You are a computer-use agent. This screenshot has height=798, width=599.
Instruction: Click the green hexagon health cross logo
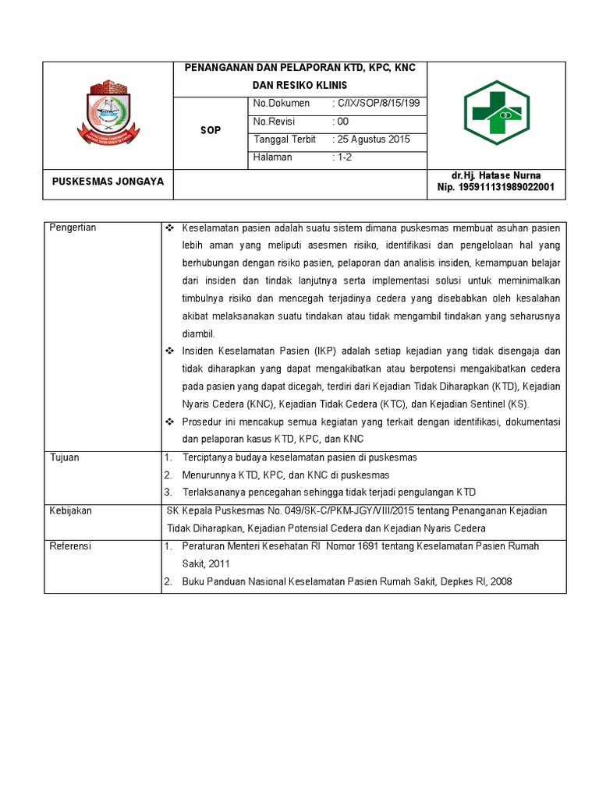[496, 112]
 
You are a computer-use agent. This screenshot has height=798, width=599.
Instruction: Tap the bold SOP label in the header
[211, 130]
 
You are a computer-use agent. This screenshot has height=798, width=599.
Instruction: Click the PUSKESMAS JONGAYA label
[108, 182]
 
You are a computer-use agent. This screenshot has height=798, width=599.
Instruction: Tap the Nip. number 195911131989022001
[496, 188]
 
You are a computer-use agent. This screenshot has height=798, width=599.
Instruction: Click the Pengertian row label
[73, 228]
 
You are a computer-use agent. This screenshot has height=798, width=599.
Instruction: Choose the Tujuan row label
[65, 457]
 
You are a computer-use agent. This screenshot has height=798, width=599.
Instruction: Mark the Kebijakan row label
[71, 510]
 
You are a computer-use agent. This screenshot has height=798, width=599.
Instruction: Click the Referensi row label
[70, 546]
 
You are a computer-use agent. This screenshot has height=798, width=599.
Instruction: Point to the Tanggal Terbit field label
[285, 139]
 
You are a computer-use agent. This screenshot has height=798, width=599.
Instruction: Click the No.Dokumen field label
[281, 104]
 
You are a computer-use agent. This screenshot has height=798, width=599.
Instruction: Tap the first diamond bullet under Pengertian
[170, 228]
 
